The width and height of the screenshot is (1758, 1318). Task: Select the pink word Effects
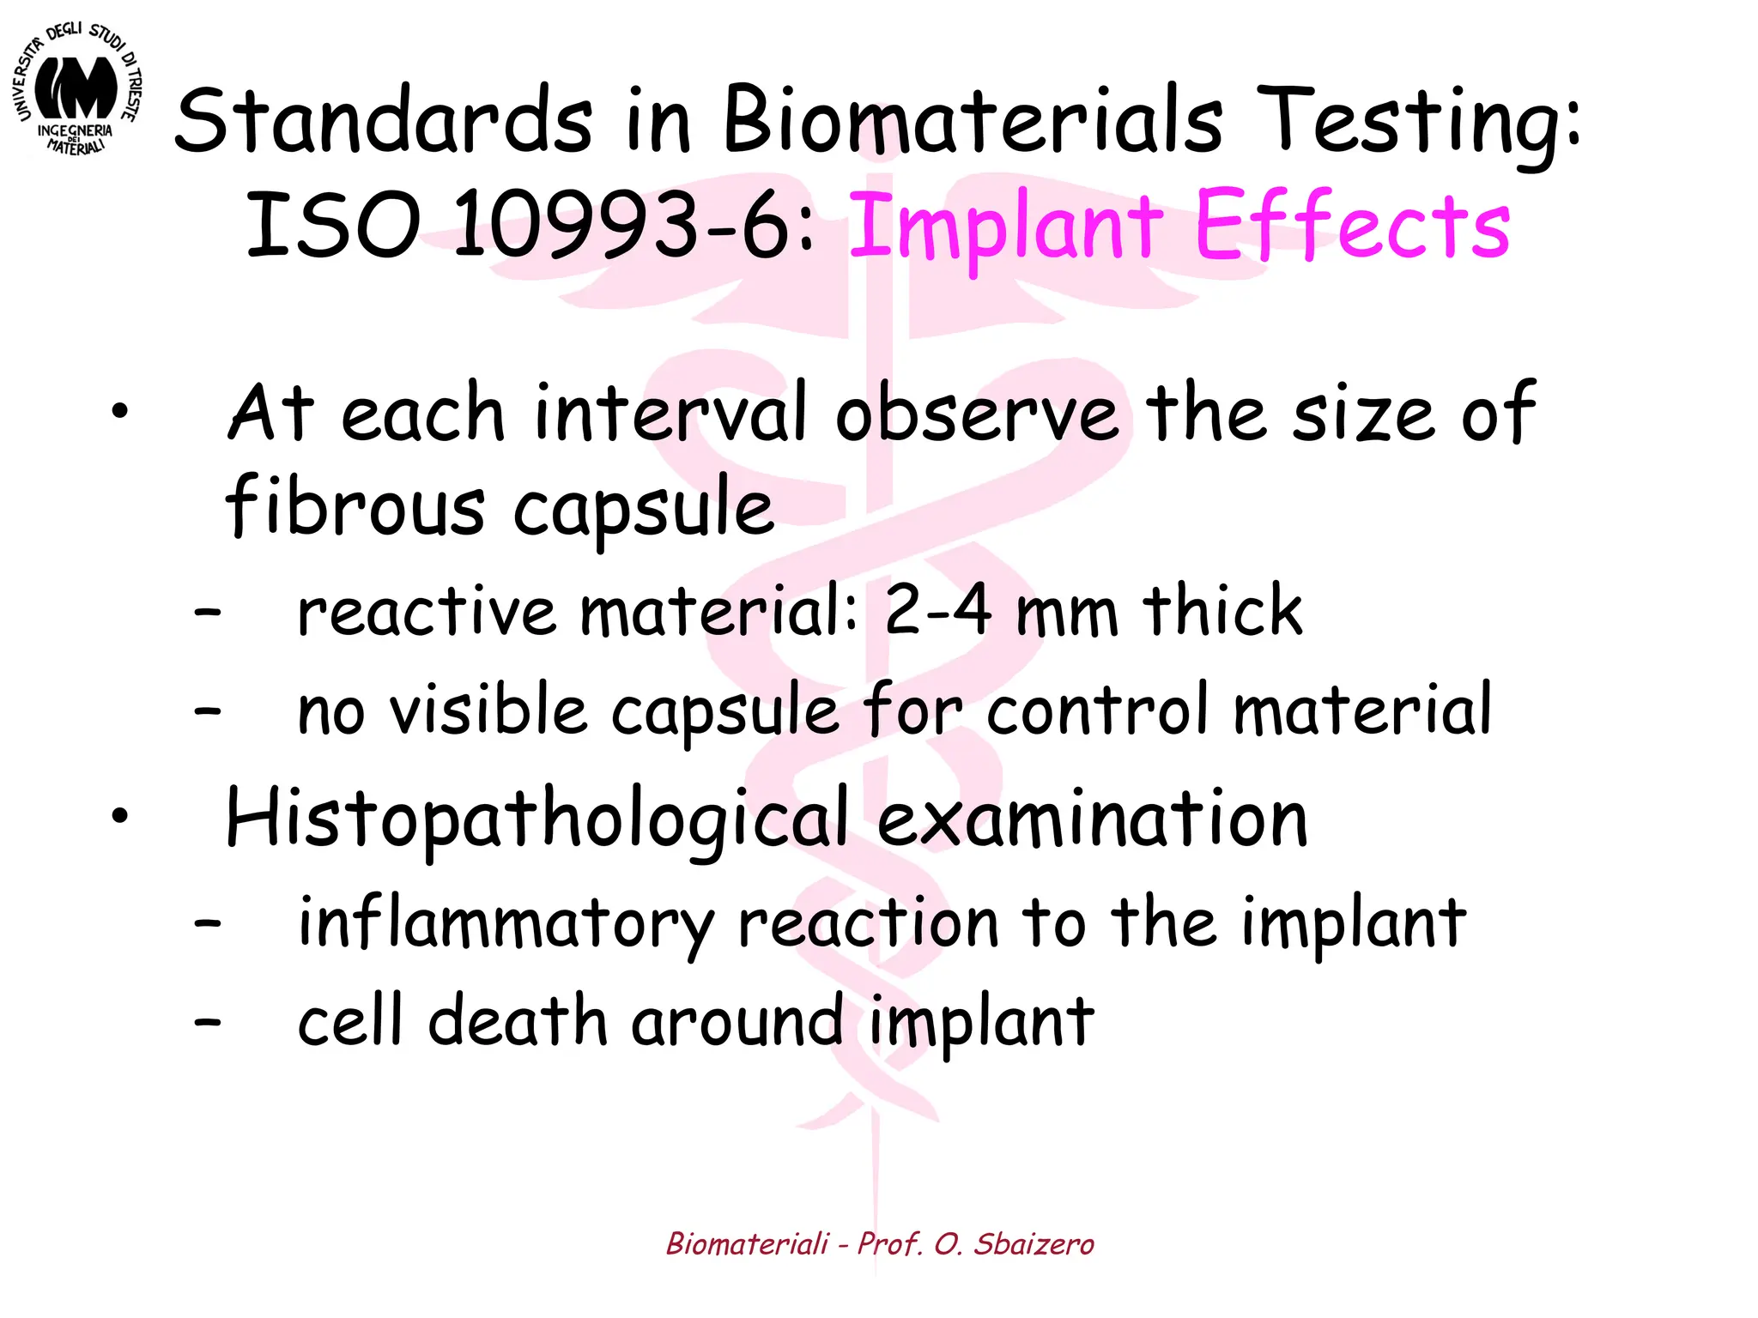click(1351, 226)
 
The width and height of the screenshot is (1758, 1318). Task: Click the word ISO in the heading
click(332, 226)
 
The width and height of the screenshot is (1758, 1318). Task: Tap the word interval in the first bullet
click(670, 414)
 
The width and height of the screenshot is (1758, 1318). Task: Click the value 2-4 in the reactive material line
click(937, 610)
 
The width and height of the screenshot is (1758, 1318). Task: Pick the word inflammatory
click(506, 924)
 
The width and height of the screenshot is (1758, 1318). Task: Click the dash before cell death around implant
click(207, 1022)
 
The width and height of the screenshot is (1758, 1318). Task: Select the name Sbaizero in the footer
click(1034, 1243)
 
